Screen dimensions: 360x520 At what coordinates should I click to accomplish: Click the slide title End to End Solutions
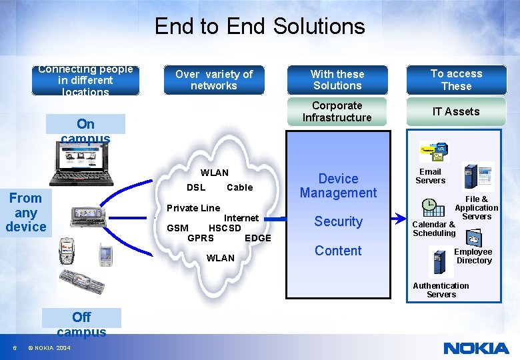pyautogui.click(x=259, y=26)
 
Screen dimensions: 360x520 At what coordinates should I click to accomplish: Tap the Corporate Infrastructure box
pyautogui.click(x=337, y=111)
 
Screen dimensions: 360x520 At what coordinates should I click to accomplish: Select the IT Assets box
pyautogui.click(x=456, y=111)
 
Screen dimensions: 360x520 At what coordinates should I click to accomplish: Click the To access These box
pyautogui.click(x=456, y=80)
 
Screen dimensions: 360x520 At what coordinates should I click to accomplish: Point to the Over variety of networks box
pyautogui.click(x=213, y=80)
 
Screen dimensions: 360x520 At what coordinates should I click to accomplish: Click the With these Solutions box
pyautogui.click(x=337, y=80)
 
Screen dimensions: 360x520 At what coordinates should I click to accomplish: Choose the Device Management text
pyautogui.click(x=338, y=186)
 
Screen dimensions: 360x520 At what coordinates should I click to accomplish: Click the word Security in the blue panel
pyautogui.click(x=338, y=221)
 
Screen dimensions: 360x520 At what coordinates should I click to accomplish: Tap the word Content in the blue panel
pyautogui.click(x=338, y=251)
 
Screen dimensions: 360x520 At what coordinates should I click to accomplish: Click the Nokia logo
pyautogui.click(x=476, y=348)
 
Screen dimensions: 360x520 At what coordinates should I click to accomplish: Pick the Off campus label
pyautogui.click(x=81, y=324)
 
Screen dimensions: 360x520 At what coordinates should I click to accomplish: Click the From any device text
pyautogui.click(x=25, y=212)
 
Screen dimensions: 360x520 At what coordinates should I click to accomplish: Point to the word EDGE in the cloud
pyautogui.click(x=258, y=238)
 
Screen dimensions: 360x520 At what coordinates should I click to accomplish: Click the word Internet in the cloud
pyautogui.click(x=241, y=218)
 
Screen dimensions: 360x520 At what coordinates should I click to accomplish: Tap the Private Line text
pyautogui.click(x=193, y=208)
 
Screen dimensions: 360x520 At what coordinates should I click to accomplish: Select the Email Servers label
pyautogui.click(x=430, y=176)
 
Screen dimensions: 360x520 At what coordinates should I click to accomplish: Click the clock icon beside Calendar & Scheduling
pyautogui.click(x=429, y=205)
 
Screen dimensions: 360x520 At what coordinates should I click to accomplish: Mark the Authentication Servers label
pyautogui.click(x=441, y=290)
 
